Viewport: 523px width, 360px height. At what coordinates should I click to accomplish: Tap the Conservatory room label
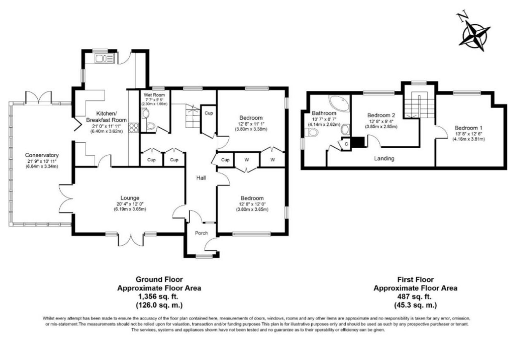(41, 156)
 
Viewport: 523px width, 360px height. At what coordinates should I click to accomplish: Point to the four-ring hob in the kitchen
(134, 127)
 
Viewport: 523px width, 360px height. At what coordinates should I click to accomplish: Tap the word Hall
(201, 178)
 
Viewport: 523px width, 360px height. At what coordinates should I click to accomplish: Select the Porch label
(201, 233)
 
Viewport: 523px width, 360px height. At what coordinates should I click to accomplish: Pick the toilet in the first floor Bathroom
(312, 132)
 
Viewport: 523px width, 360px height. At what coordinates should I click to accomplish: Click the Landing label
(384, 158)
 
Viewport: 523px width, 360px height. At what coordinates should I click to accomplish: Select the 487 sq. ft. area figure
(415, 297)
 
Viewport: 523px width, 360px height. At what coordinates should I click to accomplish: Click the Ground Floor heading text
(160, 280)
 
